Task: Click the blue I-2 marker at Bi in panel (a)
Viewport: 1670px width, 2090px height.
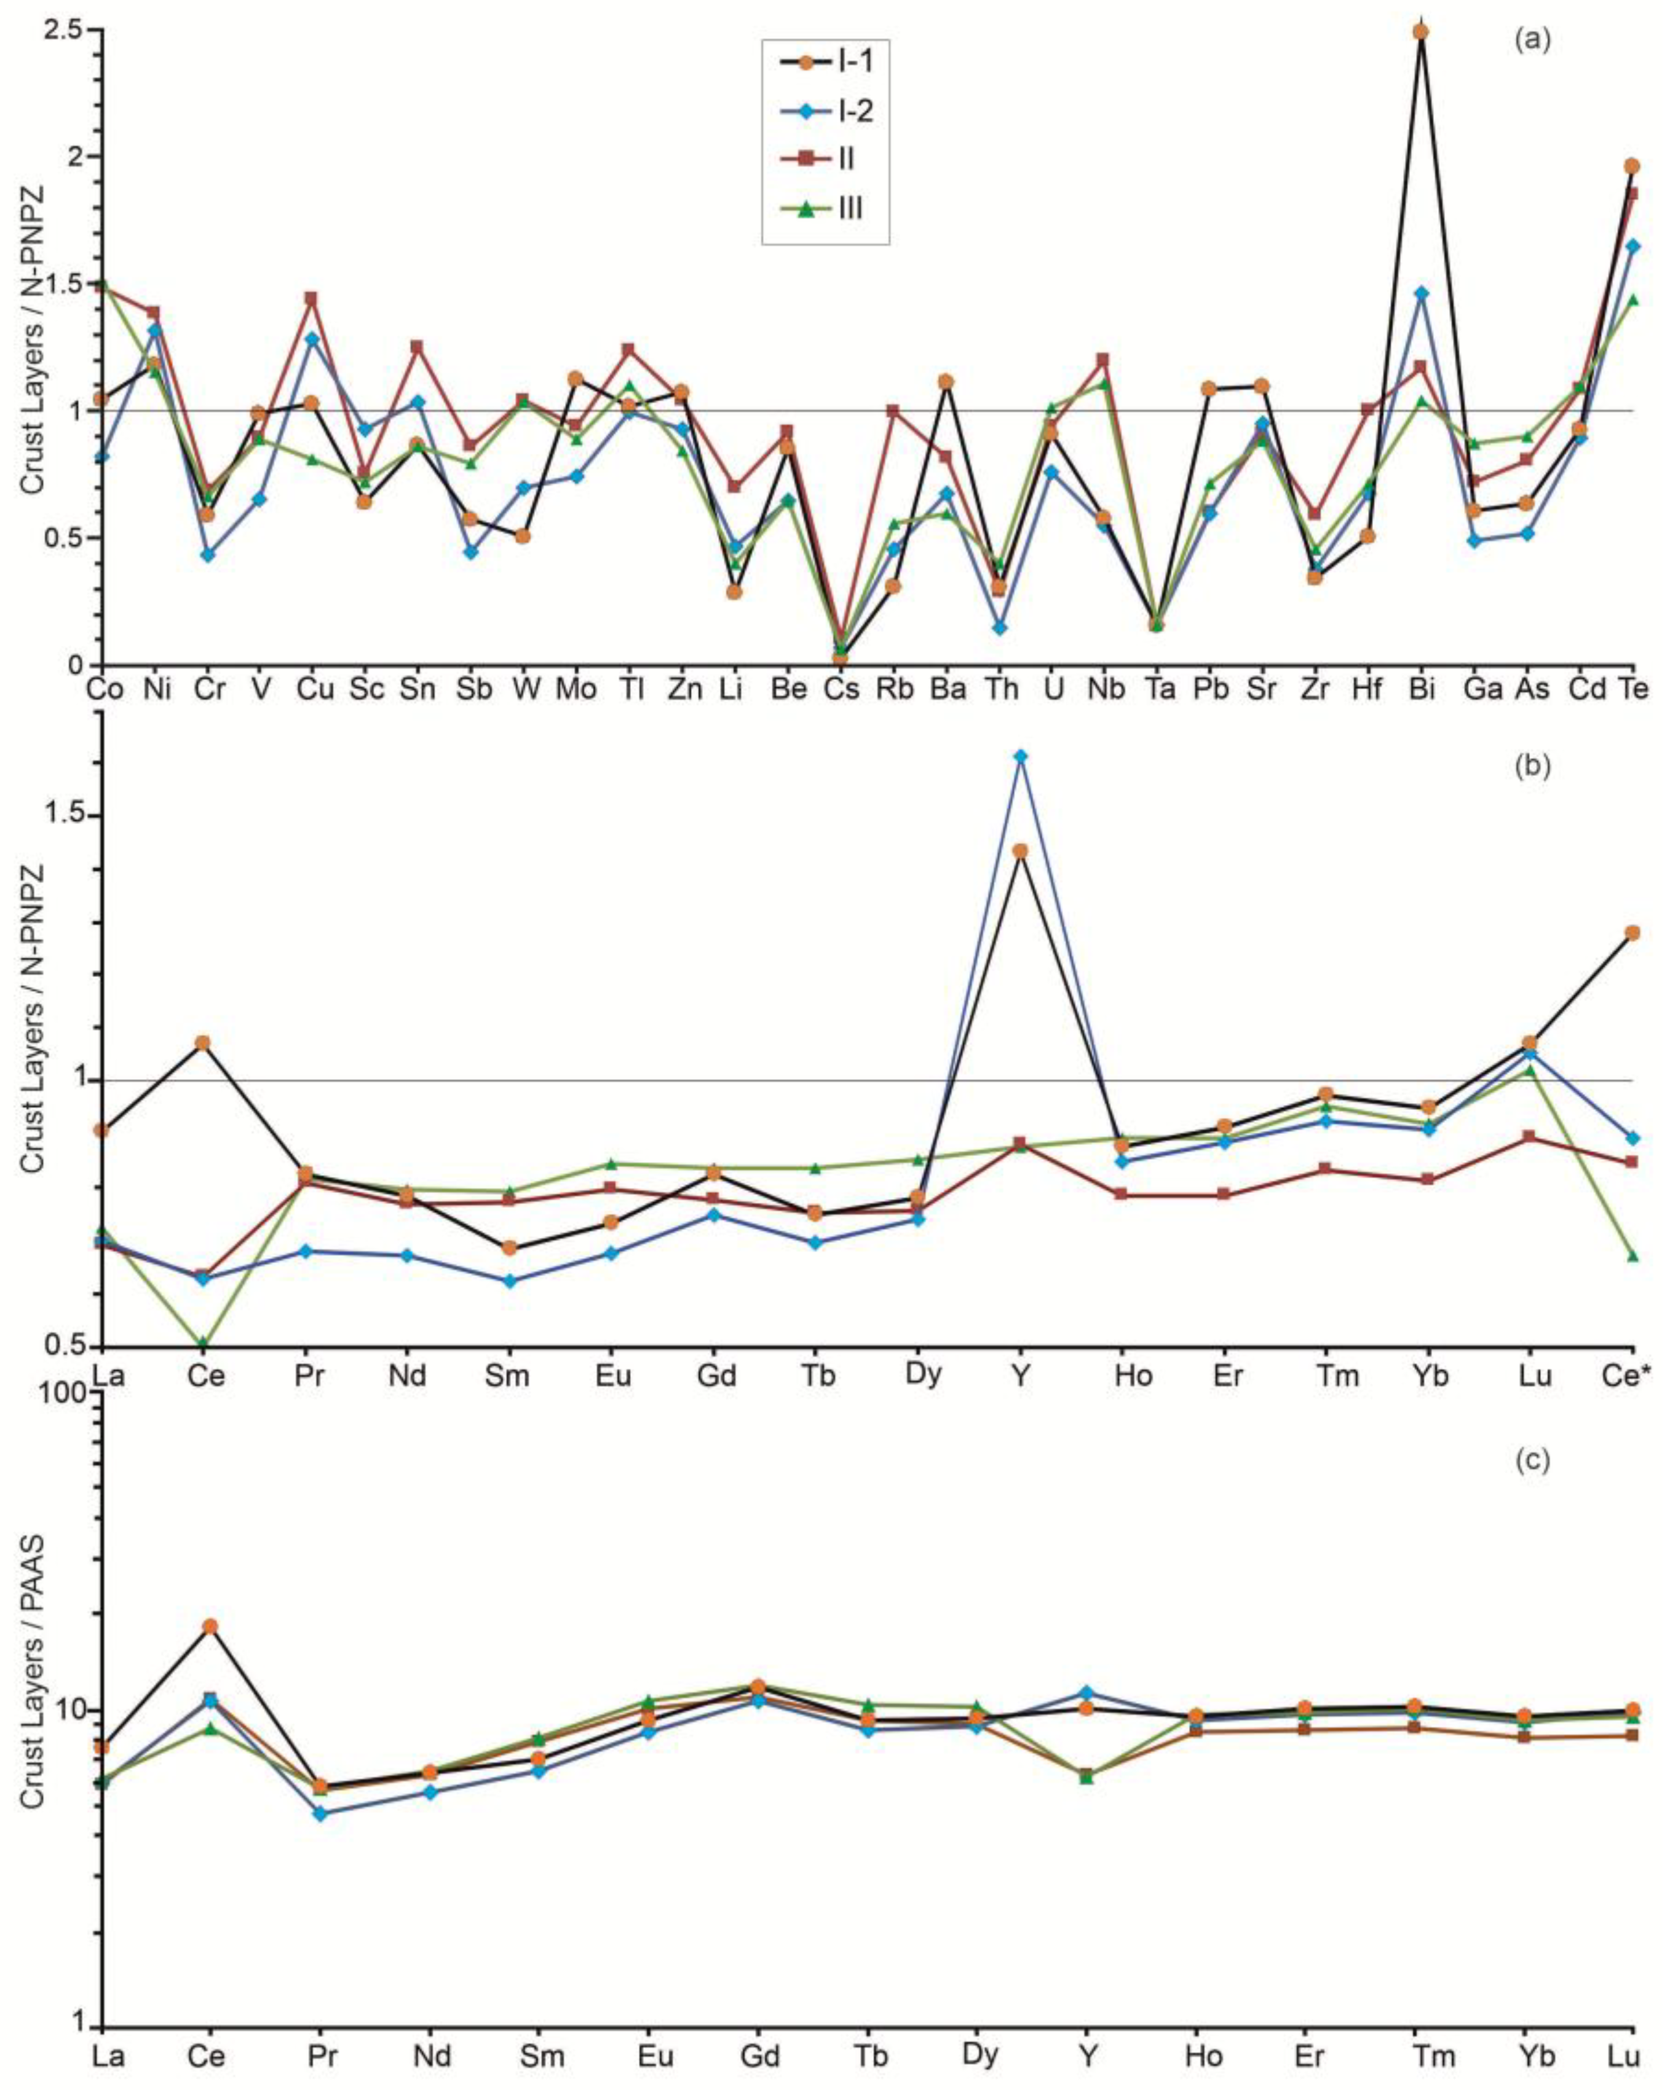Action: click(1421, 293)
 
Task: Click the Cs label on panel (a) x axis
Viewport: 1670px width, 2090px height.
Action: click(839, 690)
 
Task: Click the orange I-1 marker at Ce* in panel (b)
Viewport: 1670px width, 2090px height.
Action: click(1632, 933)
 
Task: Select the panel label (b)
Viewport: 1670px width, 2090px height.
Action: click(1532, 766)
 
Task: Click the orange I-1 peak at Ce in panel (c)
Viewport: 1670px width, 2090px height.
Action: click(209, 1626)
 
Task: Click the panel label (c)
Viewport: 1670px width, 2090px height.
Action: click(1532, 1460)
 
